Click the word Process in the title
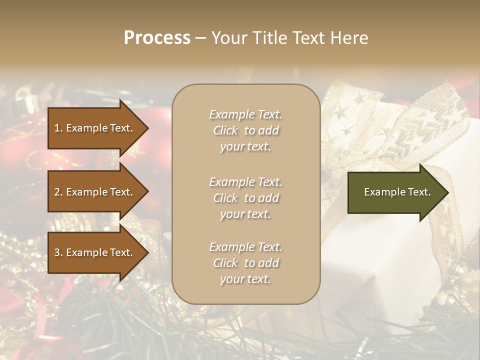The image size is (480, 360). point(157,38)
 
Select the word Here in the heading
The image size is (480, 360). point(349,38)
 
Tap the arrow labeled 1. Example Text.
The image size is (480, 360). point(95,128)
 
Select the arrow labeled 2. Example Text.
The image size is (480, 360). point(95,192)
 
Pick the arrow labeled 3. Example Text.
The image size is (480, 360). point(95,252)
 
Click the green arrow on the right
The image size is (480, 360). point(395,192)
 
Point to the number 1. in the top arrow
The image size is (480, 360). point(58,128)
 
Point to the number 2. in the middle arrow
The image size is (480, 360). point(58,192)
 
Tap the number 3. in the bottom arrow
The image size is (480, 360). point(58,252)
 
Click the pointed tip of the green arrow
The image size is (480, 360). point(447,192)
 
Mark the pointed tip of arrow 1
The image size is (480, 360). point(147,128)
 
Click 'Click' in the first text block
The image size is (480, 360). point(225,131)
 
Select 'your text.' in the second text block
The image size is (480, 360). point(245,214)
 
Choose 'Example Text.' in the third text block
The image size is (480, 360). point(245,247)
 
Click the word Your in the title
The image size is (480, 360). point(227,38)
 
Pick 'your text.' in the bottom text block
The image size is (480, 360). point(245,279)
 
